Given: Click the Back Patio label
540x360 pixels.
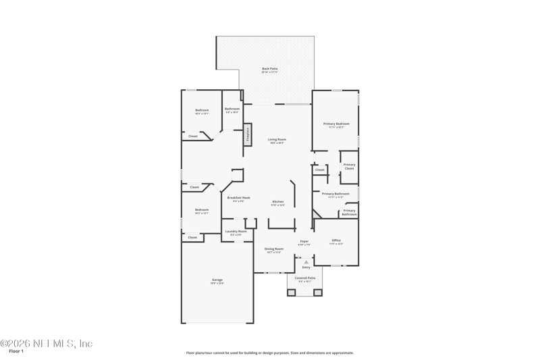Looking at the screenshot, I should coord(269,68).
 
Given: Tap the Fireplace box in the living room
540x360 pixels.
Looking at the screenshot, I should coord(248,134).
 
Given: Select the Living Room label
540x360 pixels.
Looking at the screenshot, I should coord(277,139).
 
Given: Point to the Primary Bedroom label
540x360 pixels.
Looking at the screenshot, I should coord(336,124).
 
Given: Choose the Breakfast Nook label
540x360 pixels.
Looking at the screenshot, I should coord(238,197).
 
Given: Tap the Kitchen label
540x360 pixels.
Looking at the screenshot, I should coord(278,201).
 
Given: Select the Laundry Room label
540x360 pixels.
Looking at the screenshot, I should coord(236,231).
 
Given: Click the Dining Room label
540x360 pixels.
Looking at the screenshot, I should coord(273,249).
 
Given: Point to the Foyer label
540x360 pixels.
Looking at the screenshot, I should coord(304,240).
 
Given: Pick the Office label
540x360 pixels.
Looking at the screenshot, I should coord(336,240).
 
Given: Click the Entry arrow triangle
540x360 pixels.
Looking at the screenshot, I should coord(306,261).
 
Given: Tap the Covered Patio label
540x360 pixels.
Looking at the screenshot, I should coord(305,278).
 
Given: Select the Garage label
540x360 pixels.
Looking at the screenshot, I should coord(217,280).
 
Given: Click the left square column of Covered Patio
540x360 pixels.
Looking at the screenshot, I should coord(292,292).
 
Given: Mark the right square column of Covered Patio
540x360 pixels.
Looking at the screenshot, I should coord(318,292).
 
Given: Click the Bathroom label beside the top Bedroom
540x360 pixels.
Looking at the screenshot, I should coord(232,109).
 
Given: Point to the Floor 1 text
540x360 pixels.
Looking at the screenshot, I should coord(16,351).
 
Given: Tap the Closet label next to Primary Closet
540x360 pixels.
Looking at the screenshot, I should coord(320,170).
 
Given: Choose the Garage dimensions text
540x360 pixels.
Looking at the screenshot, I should coord(217,283).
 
